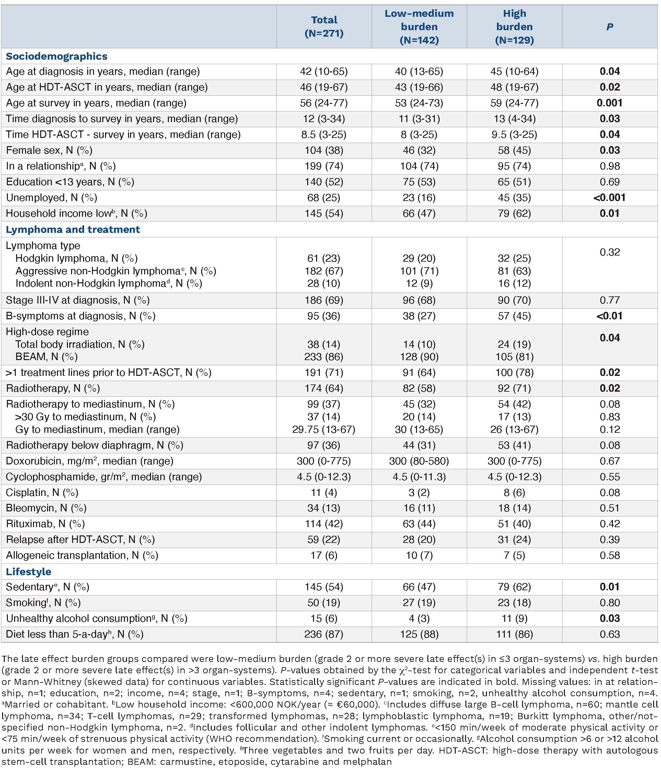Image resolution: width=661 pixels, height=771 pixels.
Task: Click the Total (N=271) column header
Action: click(324, 26)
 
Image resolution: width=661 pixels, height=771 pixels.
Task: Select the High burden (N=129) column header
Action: click(514, 26)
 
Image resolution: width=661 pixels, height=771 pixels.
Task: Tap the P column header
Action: click(609, 27)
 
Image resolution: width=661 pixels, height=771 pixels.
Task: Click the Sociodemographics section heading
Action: click(57, 56)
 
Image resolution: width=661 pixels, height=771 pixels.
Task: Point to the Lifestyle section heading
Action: click(29, 571)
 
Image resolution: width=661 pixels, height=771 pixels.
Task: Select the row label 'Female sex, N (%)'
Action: click(49, 150)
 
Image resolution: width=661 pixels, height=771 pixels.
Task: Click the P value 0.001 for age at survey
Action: click(609, 103)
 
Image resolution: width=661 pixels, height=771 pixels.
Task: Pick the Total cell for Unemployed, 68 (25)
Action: click(324, 198)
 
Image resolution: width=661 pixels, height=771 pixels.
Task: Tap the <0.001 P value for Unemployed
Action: click(609, 198)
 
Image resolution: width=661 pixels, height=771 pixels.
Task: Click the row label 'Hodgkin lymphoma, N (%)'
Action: click(76, 258)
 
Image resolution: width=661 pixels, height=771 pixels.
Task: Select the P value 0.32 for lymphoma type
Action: click(609, 252)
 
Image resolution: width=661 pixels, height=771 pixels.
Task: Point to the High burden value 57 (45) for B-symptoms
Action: click(514, 316)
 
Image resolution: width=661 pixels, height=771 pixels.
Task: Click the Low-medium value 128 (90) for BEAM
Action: click(419, 357)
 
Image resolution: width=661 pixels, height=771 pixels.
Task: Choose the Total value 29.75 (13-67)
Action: click(324, 429)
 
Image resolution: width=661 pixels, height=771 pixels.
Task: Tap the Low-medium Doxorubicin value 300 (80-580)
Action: click(419, 461)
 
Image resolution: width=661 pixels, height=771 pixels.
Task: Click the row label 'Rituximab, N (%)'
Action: click(45, 524)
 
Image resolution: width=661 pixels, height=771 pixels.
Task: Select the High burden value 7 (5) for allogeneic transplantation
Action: click(514, 556)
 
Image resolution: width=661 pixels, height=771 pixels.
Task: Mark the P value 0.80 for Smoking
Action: click(609, 603)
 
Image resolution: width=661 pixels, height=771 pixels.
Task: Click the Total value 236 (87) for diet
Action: click(324, 634)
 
